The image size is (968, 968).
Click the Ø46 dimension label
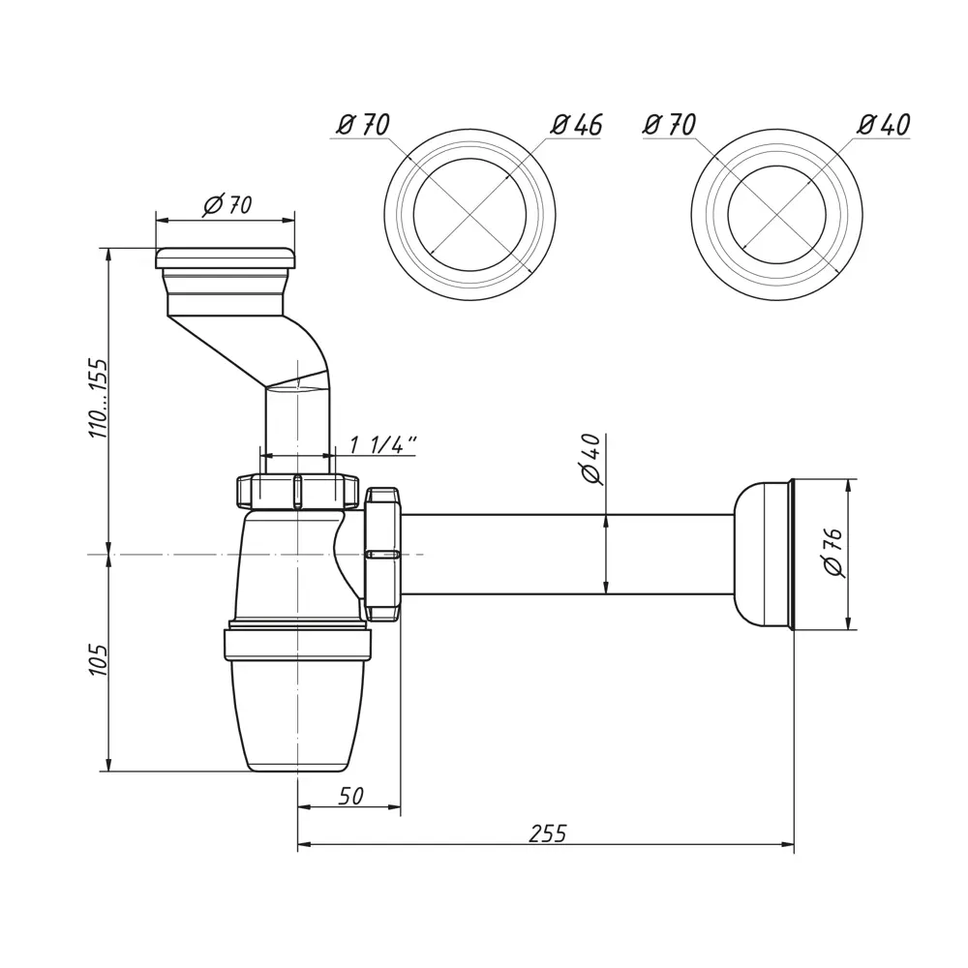point(577,125)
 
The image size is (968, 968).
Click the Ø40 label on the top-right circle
point(884,125)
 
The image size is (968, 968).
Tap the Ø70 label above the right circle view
point(669,125)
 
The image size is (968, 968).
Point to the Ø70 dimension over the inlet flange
point(227,204)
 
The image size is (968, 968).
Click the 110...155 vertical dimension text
point(99,398)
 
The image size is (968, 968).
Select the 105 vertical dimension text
point(99,659)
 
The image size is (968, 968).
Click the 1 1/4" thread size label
point(382,444)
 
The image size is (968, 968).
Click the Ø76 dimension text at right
point(833,553)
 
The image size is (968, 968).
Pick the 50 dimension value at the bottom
point(350,796)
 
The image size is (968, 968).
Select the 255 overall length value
point(548,833)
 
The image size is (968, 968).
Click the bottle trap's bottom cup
point(297,711)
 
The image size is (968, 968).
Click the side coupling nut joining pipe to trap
point(382,554)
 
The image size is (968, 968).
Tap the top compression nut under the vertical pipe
point(297,491)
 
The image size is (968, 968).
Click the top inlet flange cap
point(226,257)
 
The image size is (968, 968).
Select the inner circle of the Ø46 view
point(469,215)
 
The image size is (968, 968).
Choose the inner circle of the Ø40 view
point(776,215)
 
